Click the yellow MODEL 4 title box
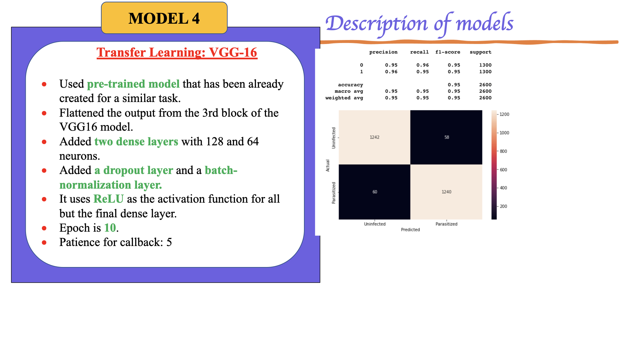[x=164, y=18]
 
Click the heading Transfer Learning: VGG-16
[x=177, y=52]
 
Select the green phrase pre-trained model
[x=133, y=84]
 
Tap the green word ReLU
[x=108, y=199]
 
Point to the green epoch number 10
[x=110, y=228]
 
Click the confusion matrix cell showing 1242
[x=374, y=137]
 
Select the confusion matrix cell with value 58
[x=446, y=137]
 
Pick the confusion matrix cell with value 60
[x=374, y=192]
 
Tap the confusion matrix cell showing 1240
[x=446, y=192]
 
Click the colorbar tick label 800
[x=503, y=151]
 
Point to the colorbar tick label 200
[x=503, y=206]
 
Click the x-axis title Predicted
[x=410, y=230]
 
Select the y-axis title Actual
[x=328, y=165]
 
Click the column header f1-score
[x=448, y=52]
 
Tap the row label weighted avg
[x=344, y=98]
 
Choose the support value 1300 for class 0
[x=485, y=65]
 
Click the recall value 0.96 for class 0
[x=422, y=65]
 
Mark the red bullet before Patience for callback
[x=44, y=242]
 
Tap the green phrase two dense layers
[x=136, y=141]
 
